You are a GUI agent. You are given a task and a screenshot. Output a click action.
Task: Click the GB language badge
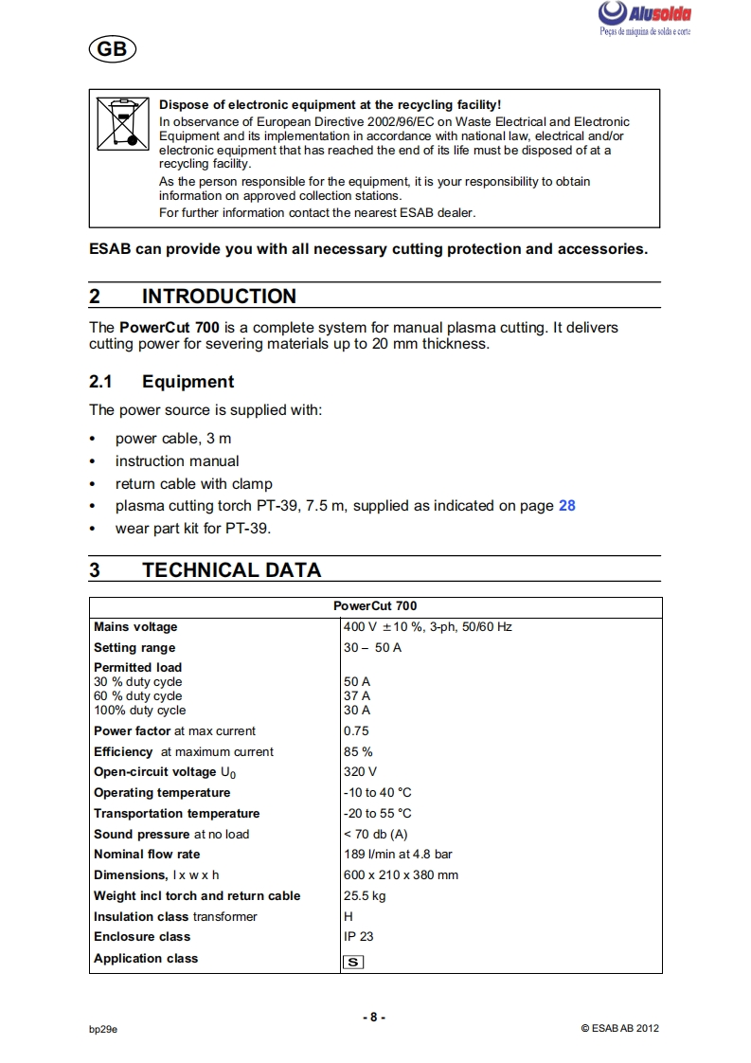(111, 49)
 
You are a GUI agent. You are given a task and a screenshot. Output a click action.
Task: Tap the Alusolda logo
(644, 17)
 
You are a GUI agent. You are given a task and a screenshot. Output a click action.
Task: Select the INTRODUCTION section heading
(219, 297)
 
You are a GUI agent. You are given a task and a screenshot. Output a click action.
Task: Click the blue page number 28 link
(567, 506)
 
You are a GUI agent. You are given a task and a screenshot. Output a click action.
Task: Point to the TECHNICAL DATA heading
(231, 570)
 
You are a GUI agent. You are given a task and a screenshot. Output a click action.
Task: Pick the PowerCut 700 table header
(375, 606)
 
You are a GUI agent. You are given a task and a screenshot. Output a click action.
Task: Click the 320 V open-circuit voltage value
(360, 772)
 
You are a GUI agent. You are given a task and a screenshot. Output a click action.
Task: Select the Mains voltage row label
(135, 627)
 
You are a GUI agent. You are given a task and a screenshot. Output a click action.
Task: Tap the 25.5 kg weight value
(365, 896)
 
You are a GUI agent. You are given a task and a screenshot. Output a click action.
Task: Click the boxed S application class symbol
(353, 962)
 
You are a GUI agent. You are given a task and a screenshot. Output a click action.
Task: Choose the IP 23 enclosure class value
(359, 937)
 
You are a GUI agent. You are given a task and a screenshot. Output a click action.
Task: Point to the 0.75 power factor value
(356, 731)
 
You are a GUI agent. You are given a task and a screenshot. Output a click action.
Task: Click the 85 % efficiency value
(358, 752)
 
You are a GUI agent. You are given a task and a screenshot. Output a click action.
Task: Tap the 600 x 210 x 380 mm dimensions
(401, 875)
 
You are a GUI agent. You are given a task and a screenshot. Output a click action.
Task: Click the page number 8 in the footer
(374, 1018)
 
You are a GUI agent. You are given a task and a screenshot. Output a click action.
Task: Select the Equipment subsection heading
(188, 382)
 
